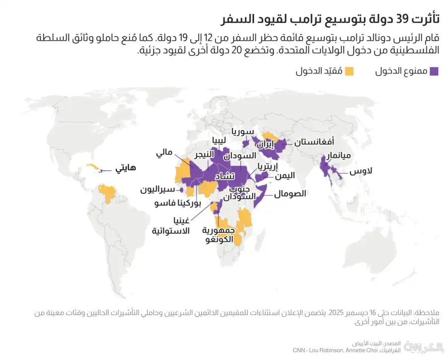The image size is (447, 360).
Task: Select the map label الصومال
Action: pos(290,194)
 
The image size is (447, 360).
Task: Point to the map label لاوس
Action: pos(361,172)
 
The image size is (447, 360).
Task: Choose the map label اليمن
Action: pos(284,175)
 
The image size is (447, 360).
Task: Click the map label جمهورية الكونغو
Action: pos(219,235)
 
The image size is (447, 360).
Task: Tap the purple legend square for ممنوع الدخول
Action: pos(434,72)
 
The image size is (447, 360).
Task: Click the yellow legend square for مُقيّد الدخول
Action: pos(350,72)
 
